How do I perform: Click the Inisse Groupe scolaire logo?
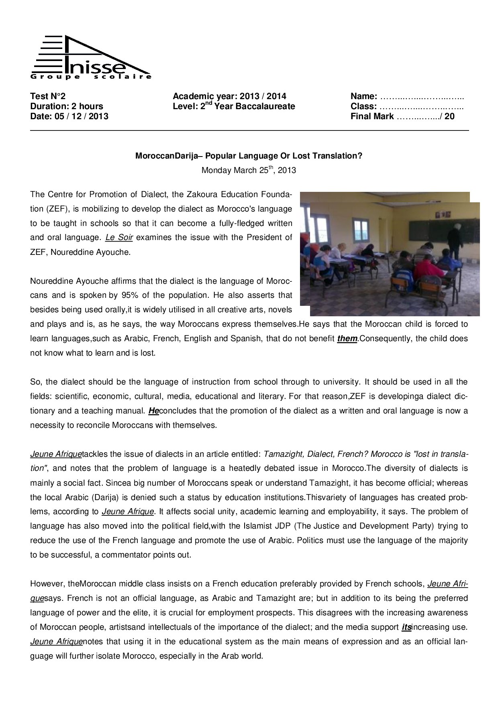tap(91, 58)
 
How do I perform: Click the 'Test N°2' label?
tap(47, 96)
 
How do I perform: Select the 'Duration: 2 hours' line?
tap(67, 106)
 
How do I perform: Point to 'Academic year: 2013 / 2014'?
tap(229, 96)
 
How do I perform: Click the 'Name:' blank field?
tap(422, 96)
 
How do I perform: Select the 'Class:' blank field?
tap(422, 106)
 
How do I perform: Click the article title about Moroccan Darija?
tap(249, 156)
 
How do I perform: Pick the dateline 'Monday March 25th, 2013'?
tap(249, 170)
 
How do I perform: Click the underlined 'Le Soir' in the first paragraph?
tap(119, 237)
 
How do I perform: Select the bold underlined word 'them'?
tap(347, 338)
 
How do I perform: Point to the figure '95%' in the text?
tap(129, 295)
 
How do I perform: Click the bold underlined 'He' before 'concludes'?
tap(153, 411)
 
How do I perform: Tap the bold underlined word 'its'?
tap(406, 627)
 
